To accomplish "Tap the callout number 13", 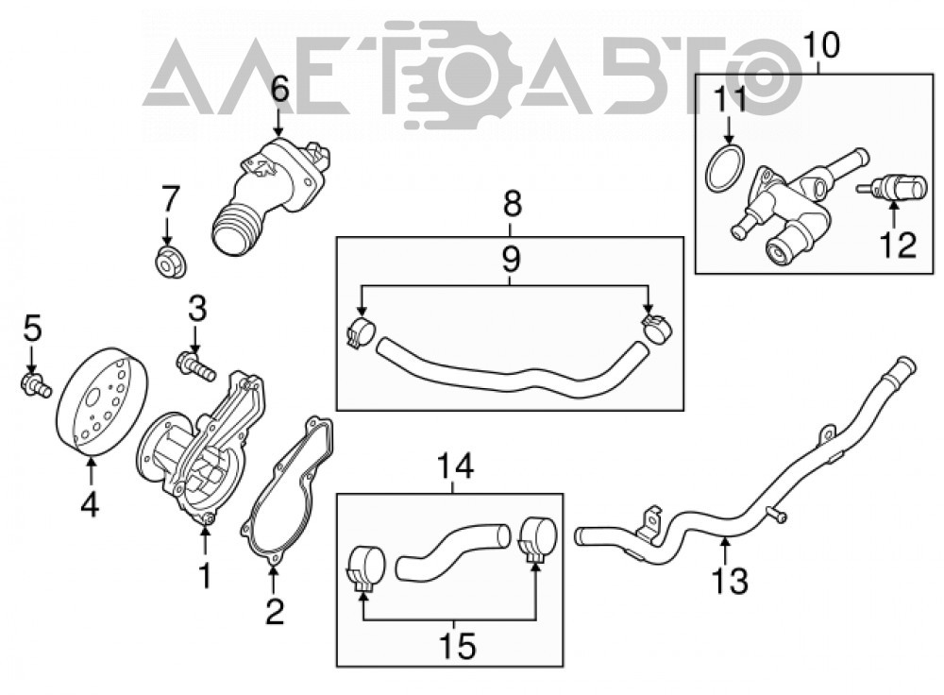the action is [x=730, y=580].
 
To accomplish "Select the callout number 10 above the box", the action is [x=821, y=44].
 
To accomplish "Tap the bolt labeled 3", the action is [x=196, y=366].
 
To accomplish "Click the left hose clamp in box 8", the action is [x=360, y=332].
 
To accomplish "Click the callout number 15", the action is [x=458, y=645].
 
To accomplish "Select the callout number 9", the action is [x=510, y=259].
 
